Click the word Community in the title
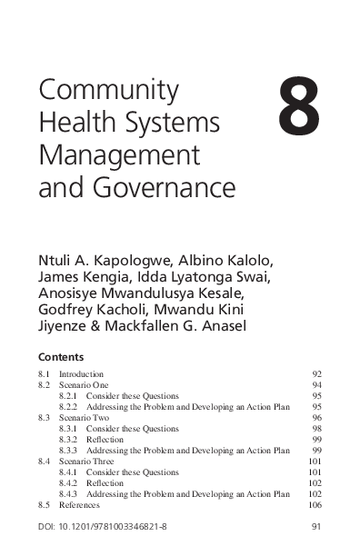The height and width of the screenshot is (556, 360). click(94, 90)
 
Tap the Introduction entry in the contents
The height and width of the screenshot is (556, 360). click(81, 373)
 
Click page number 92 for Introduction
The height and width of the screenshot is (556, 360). click(316, 373)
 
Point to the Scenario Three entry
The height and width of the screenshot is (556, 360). click(85, 461)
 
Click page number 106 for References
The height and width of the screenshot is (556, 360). click(315, 504)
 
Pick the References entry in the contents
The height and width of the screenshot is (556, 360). click(78, 504)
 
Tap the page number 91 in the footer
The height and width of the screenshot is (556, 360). click(316, 526)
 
